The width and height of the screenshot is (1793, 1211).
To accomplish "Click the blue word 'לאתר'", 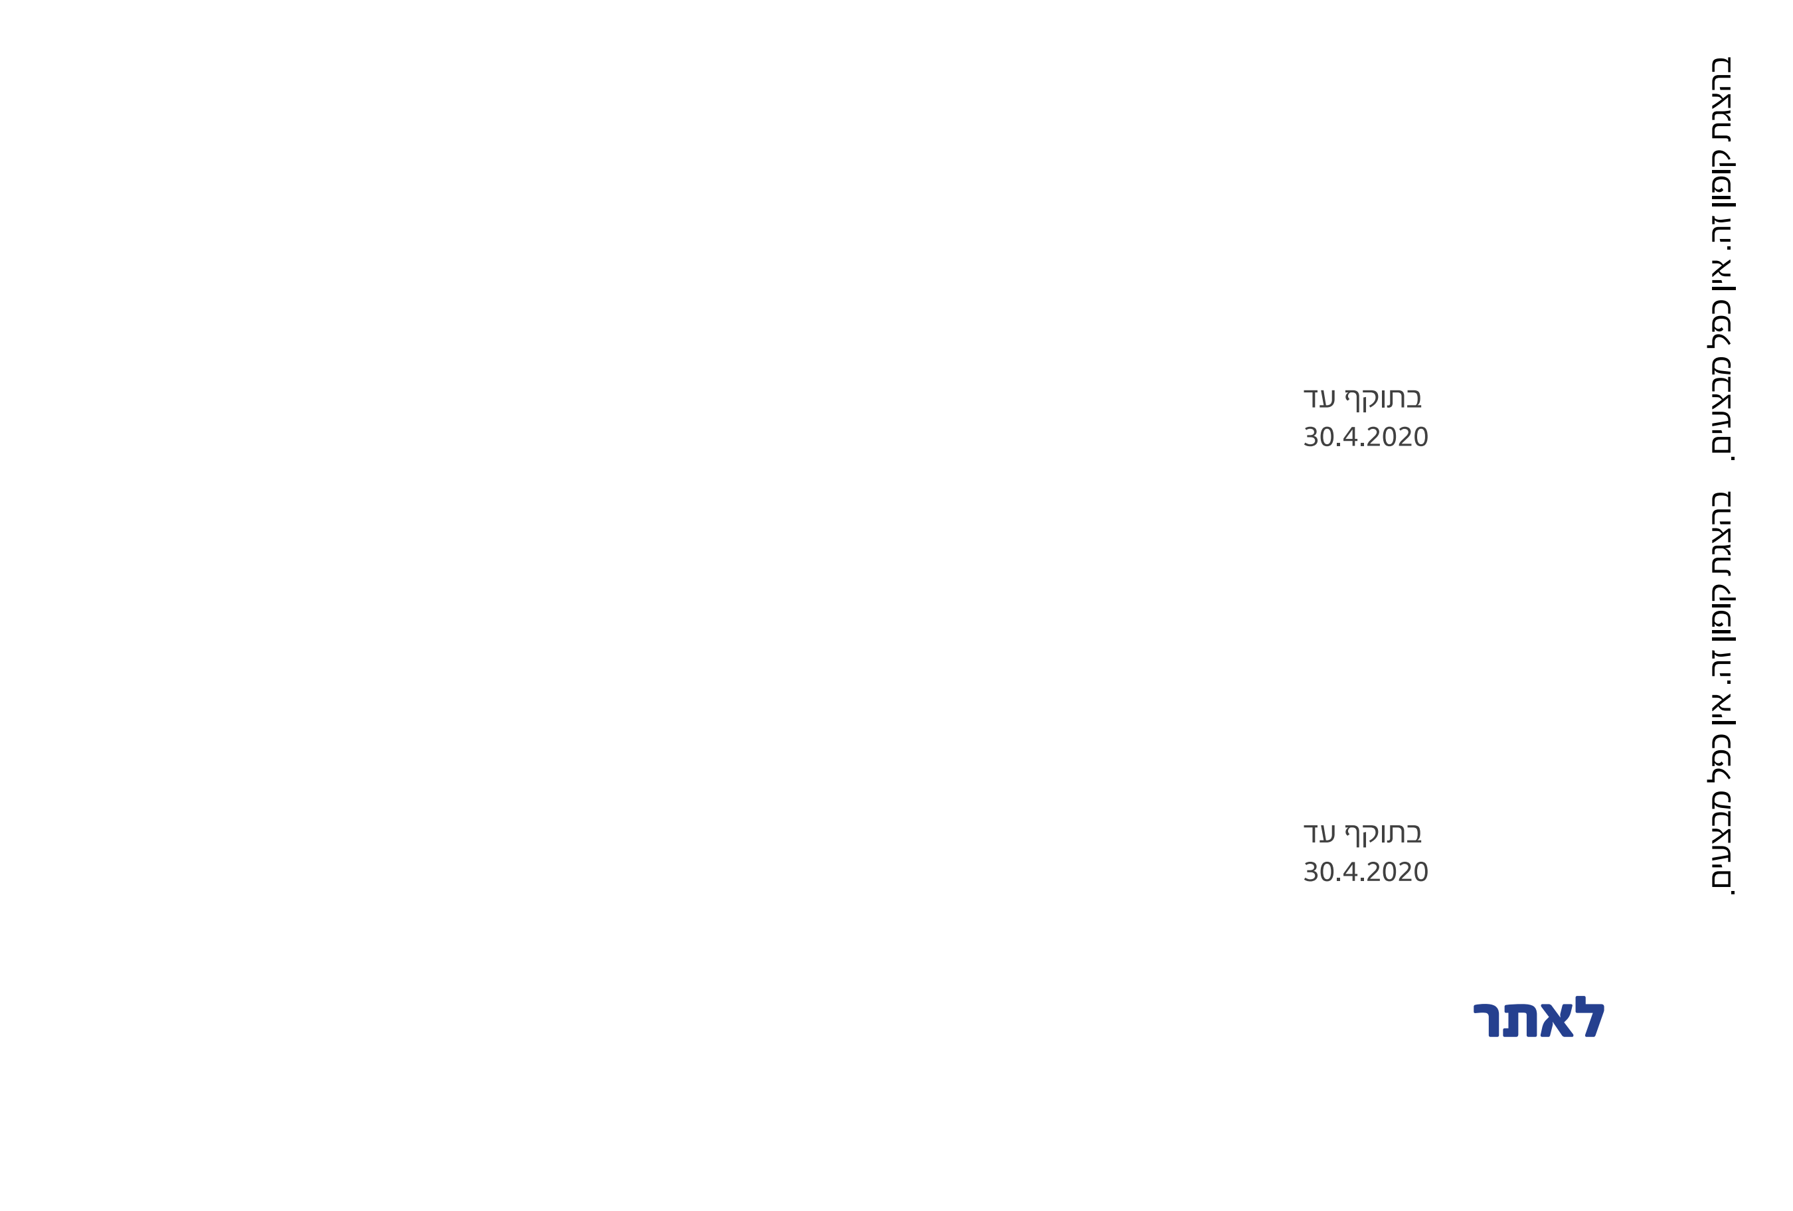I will [x=1539, y=1020].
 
